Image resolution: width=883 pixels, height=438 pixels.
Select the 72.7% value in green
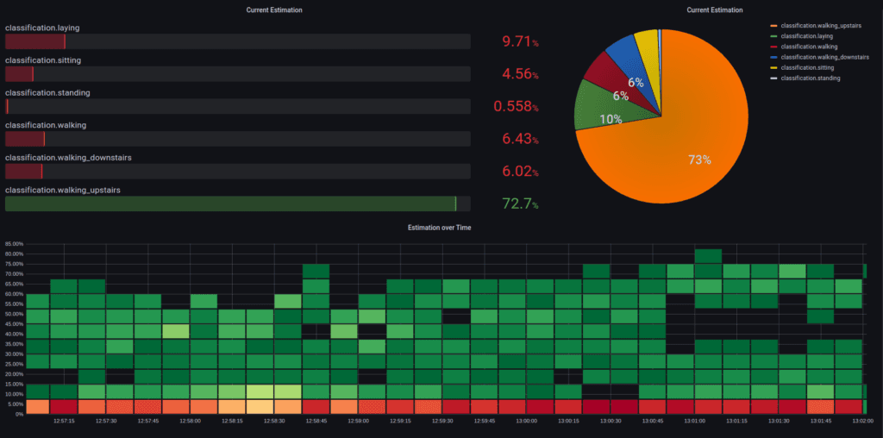(x=520, y=204)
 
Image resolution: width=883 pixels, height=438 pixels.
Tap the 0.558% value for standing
(x=516, y=106)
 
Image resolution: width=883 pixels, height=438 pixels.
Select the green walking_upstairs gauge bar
(x=230, y=203)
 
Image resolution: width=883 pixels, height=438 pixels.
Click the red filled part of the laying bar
(x=34, y=41)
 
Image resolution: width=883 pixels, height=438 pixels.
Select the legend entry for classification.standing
(x=811, y=78)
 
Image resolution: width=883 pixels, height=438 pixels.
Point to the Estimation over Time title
(x=441, y=227)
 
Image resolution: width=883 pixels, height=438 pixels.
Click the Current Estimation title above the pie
(x=715, y=9)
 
